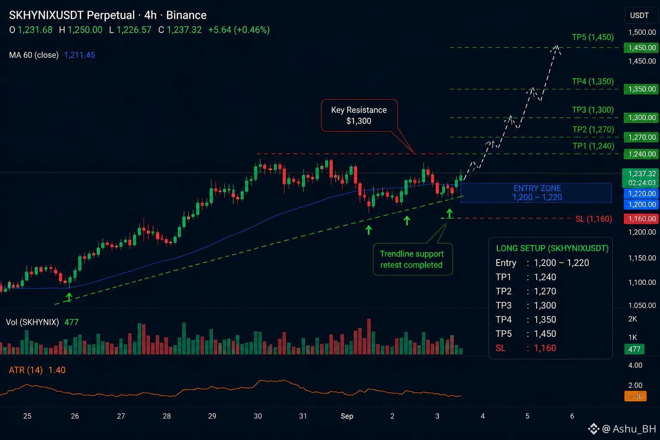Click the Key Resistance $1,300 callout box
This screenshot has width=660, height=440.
(359, 115)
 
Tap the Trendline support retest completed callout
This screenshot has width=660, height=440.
(412, 259)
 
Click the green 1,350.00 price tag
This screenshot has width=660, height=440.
(642, 89)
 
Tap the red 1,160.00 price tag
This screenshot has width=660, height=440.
(642, 219)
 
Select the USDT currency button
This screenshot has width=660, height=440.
(639, 15)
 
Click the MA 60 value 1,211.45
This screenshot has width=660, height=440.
(79, 55)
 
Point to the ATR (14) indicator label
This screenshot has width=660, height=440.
(26, 370)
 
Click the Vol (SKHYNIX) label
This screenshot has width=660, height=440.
(32, 322)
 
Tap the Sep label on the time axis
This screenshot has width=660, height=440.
(347, 416)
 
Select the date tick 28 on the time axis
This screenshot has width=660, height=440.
(167, 416)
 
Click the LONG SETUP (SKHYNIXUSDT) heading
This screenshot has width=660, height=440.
(552, 248)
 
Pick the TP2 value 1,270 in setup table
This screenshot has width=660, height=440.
(545, 291)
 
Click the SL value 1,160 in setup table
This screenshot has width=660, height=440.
(545, 348)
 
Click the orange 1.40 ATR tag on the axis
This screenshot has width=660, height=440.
(636, 396)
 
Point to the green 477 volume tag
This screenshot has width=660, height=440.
(634, 349)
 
